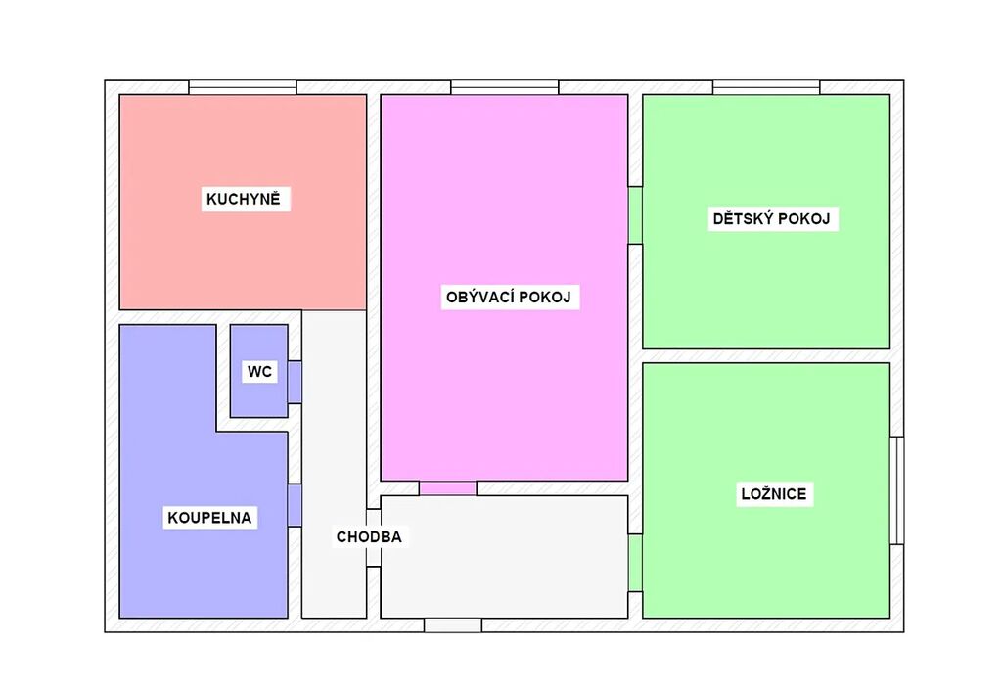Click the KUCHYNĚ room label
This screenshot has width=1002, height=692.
coord(244,200)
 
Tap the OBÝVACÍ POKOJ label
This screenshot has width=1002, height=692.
coord(509,298)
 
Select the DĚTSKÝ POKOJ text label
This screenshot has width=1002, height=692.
coord(771,219)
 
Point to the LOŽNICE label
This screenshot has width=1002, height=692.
coord(774,494)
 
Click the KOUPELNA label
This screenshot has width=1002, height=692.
coord(209,518)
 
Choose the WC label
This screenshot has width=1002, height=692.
coord(259,372)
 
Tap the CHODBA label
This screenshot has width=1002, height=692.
coord(369,537)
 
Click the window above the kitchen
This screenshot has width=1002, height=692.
coord(243,87)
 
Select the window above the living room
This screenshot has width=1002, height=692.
coord(505,87)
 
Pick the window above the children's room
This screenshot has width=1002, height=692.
coord(766,87)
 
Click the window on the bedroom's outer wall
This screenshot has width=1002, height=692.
coord(897,490)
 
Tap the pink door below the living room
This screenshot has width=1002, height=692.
coord(448,488)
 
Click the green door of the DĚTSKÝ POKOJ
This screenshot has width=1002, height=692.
coord(635,215)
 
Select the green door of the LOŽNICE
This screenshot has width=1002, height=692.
coord(635,563)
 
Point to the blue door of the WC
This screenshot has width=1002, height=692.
coord(295,382)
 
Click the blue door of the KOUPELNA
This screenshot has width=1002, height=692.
coord(295,505)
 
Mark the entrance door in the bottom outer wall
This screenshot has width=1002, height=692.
coord(453,625)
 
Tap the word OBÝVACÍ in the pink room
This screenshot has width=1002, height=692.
coord(479,298)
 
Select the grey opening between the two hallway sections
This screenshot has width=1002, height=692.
coord(374,538)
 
